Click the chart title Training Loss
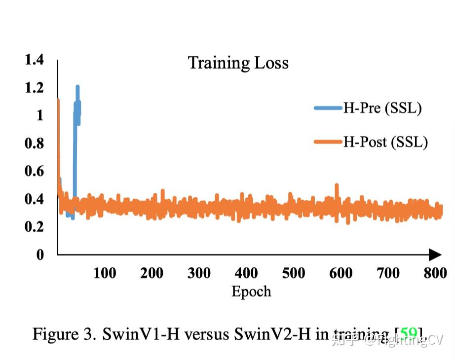[238, 63]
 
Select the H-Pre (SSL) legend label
[382, 108]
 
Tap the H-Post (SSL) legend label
[385, 142]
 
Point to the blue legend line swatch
[328, 108]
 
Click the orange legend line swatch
[328, 142]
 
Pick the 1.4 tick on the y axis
[34, 60]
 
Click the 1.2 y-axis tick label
[34, 88]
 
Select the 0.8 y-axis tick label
[34, 144]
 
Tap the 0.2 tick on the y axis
[34, 227]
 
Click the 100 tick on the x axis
[105, 273]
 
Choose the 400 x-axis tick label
[246, 273]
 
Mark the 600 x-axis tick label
[341, 273]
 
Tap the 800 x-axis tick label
[435, 273]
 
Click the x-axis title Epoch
[251, 291]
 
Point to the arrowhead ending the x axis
[435, 254]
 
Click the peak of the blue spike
[77, 87]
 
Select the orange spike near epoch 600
[337, 186]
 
